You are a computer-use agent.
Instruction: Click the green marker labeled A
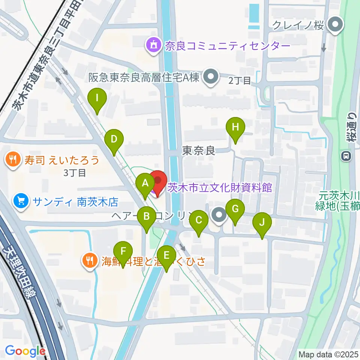pyautogui.click(x=145, y=184)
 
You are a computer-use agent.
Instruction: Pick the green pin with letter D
pyautogui.click(x=114, y=140)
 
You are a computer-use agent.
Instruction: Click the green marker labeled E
pyautogui.click(x=167, y=256)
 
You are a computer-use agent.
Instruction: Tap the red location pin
pyautogui.click(x=157, y=181)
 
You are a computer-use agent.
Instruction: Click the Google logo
pyautogui.click(x=25, y=351)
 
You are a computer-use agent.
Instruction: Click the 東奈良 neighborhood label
pyautogui.click(x=198, y=151)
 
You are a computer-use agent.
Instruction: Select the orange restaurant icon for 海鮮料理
pyautogui.click(x=89, y=260)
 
